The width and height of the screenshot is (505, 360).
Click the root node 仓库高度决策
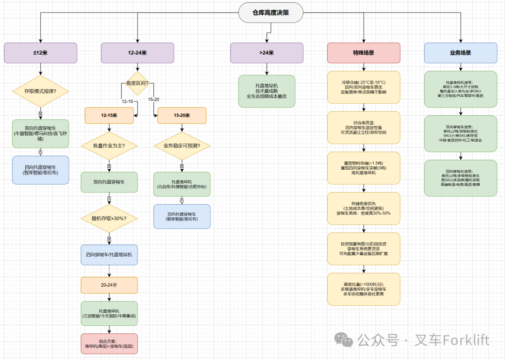point(271,13)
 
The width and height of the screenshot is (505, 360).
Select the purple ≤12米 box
point(41,53)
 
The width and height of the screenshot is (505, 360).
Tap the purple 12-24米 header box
point(137,53)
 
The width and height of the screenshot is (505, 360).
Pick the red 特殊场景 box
point(364,53)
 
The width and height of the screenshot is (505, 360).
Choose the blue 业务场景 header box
point(461,53)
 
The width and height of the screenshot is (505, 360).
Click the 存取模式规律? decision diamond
point(41,91)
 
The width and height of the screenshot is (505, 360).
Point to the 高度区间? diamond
point(137,84)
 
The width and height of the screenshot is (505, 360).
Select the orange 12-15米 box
point(109,115)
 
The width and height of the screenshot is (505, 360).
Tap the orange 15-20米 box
point(182,115)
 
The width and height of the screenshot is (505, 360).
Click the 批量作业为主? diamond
point(109,146)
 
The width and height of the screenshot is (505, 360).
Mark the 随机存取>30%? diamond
point(109,218)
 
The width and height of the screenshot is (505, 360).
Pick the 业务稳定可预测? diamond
point(182,146)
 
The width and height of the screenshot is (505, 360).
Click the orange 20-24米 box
point(109,285)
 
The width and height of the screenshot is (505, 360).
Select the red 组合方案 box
point(109,344)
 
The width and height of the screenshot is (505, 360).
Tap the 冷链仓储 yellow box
point(364,87)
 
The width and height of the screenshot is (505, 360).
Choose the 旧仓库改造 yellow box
point(364,127)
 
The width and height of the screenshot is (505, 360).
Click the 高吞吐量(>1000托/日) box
point(364,289)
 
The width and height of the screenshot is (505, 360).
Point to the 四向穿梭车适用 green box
point(461,178)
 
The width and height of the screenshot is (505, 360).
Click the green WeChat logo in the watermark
point(346,340)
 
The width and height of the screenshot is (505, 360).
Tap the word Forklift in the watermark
point(466,340)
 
